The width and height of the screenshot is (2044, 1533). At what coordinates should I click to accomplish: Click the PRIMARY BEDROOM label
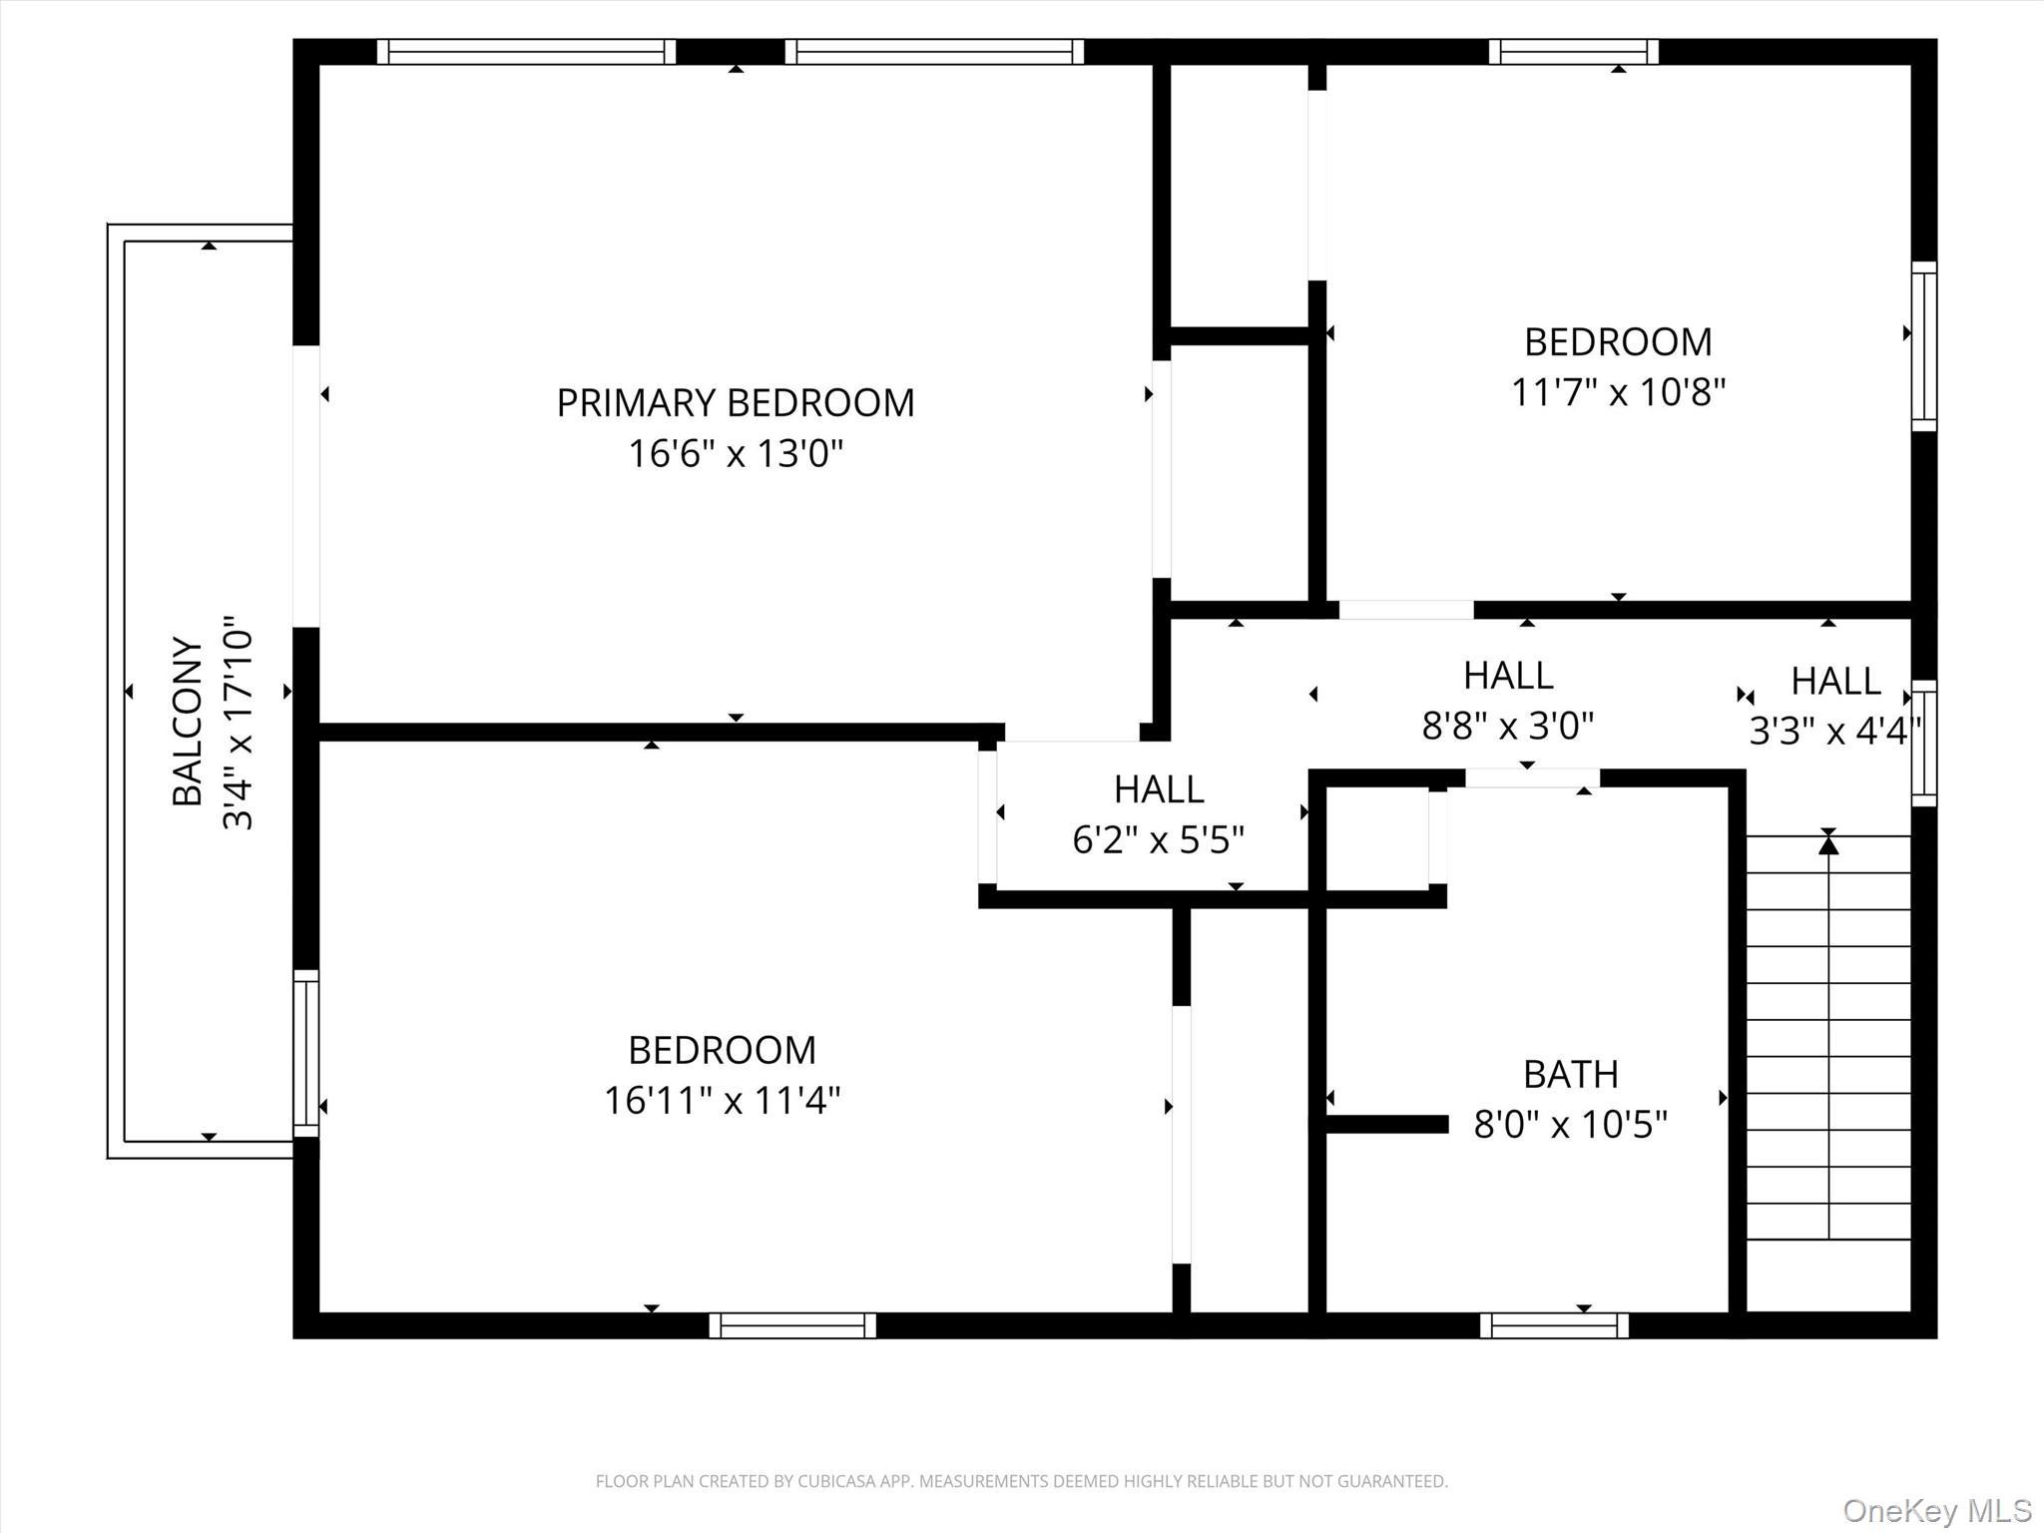[735, 403]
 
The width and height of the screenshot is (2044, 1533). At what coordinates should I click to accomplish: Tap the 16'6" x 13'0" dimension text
[735, 454]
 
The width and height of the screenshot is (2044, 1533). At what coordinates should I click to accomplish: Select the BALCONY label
[188, 720]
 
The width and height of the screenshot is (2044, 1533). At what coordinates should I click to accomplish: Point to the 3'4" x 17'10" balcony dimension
[238, 723]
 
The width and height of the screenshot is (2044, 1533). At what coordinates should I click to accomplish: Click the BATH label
[1570, 1075]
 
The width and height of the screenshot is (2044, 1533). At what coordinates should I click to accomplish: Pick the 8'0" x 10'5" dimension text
[1570, 1125]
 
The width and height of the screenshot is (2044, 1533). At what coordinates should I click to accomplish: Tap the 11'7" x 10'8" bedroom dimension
[1617, 392]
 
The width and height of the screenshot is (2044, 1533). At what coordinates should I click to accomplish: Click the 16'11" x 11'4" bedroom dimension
[722, 1101]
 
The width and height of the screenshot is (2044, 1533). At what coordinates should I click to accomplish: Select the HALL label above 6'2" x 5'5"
[1158, 789]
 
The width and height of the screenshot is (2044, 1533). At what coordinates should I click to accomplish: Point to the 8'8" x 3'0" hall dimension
[1507, 726]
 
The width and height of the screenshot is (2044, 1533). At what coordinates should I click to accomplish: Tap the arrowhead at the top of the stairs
[1827, 844]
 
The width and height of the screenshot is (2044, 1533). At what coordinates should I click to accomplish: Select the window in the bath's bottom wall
[1554, 1325]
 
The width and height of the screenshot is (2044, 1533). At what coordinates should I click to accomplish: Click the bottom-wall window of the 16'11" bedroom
[792, 1325]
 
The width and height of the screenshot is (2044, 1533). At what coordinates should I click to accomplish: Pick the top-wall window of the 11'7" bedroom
[1573, 52]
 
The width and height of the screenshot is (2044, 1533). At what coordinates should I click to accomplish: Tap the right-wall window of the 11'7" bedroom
[1924, 346]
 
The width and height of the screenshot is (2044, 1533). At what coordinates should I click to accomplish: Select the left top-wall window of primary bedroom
[526, 52]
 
